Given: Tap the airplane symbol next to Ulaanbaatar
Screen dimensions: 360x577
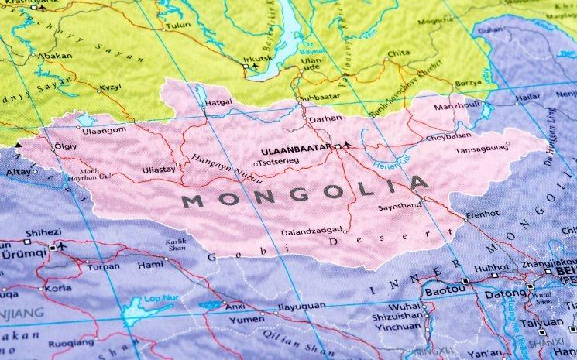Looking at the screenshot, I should coord(347,145).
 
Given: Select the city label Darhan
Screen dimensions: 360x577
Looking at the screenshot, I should coord(325,121).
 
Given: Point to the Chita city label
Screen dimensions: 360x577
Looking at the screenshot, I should coord(398,53).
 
